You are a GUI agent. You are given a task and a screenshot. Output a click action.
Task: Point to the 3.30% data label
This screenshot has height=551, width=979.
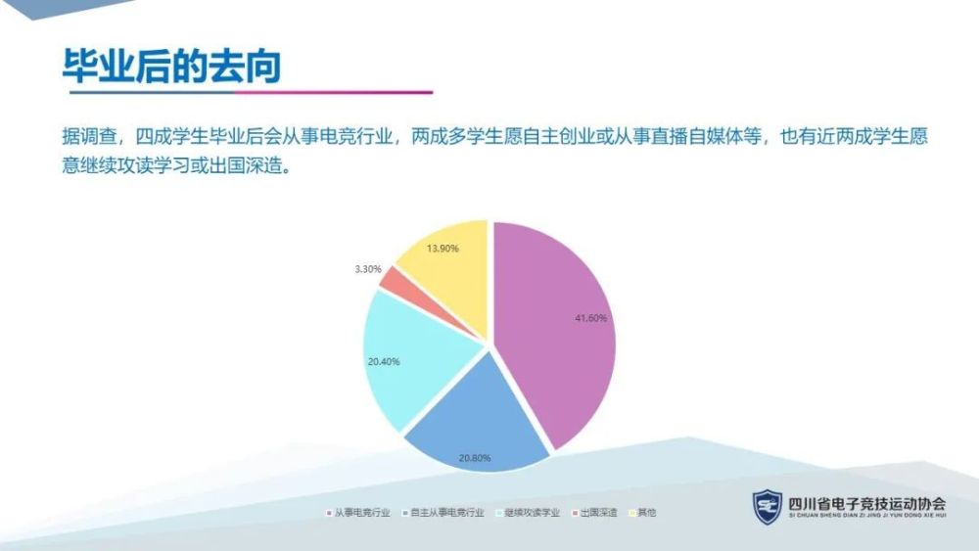(368, 269)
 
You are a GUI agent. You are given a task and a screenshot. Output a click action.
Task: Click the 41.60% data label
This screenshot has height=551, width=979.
(590, 318)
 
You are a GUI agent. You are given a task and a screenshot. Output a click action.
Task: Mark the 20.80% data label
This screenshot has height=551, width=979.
(475, 458)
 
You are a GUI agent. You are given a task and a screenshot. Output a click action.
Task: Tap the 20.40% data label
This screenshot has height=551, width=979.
(384, 362)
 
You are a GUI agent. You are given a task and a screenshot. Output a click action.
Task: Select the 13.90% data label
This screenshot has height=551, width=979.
(443, 249)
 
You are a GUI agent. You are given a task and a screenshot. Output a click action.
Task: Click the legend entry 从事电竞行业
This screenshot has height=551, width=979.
(358, 512)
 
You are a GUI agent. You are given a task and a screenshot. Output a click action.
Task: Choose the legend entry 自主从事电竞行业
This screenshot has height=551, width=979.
(443, 512)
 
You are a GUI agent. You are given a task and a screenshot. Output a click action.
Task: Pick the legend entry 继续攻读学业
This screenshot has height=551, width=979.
(529, 512)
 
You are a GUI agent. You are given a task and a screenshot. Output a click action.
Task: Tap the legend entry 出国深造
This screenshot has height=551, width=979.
(595, 512)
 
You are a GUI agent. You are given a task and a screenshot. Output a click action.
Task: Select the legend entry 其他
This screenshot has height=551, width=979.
(643, 512)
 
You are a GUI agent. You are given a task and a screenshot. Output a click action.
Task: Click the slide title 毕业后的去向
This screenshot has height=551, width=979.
(171, 66)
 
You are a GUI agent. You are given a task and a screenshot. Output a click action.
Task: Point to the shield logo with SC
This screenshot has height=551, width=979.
(768, 507)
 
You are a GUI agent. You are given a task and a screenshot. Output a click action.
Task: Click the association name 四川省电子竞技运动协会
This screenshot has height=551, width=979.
(867, 504)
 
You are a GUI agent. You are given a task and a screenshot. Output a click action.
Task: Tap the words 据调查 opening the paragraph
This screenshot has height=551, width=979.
(89, 136)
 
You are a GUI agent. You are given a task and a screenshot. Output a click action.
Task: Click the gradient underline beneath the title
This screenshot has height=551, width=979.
(251, 92)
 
